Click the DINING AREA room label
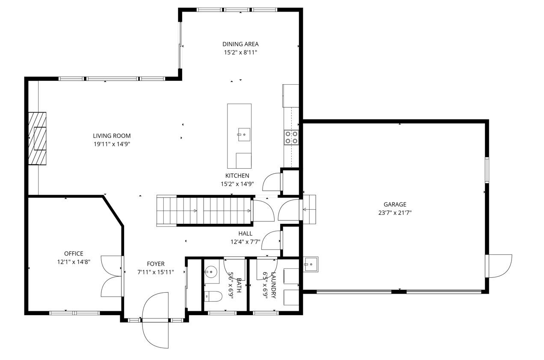240,44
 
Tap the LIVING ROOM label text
112,136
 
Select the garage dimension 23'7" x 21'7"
395,213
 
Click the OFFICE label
74,253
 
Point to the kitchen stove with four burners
291,137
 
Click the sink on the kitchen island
244,135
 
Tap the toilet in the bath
213,296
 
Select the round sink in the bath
210,272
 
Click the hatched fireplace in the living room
37,138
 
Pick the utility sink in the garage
310,264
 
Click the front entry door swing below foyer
155,320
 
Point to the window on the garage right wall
487,170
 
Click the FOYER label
156,264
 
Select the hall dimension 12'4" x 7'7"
245,242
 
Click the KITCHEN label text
237,176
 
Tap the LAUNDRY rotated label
273,285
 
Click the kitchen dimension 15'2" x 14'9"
237,184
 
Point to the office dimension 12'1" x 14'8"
74,262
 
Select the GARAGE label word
395,205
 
